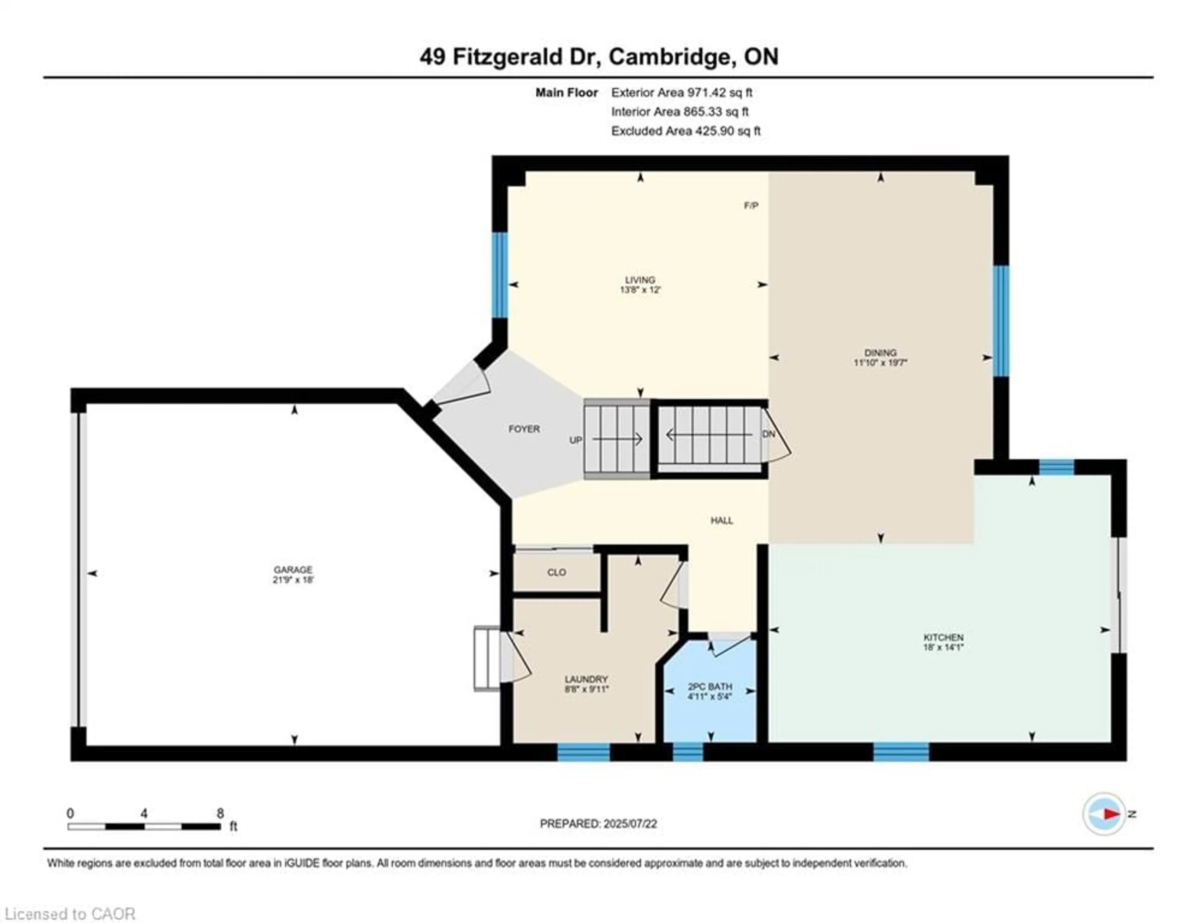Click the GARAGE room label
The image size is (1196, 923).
pos(293,569)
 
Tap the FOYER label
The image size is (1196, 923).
pos(524,429)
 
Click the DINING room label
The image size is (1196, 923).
pos(880,353)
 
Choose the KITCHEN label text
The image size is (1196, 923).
pos(943,637)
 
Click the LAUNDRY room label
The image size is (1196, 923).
pos(586,679)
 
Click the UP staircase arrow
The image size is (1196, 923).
pos(618,439)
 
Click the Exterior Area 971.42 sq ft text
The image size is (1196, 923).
pos(682,92)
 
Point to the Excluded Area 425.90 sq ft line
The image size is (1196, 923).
pos(686,131)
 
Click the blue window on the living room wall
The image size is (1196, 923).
pos(500,275)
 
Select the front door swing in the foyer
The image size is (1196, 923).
pos(463,383)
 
